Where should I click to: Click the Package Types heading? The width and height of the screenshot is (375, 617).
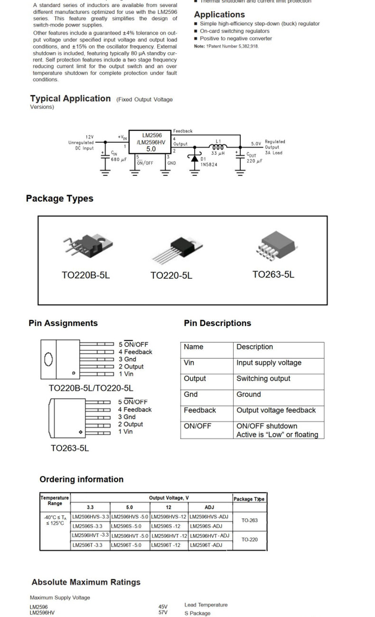(x=59, y=198)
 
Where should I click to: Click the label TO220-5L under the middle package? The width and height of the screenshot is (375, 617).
(x=171, y=275)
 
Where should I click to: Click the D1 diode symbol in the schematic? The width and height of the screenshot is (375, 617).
(x=194, y=158)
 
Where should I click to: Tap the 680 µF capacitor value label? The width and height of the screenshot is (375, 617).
(x=119, y=159)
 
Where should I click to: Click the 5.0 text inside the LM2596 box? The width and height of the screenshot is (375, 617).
(x=150, y=149)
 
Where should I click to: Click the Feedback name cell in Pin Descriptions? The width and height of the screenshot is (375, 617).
(x=200, y=410)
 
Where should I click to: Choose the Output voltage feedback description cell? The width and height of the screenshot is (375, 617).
(x=276, y=410)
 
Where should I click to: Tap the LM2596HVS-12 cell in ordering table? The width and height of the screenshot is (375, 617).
(x=169, y=516)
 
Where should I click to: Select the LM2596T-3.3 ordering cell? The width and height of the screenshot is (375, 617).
(x=90, y=545)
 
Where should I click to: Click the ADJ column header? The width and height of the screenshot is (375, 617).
(x=209, y=507)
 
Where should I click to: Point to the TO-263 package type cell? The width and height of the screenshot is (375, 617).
(x=249, y=521)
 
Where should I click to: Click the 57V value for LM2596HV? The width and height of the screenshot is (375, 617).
(x=163, y=612)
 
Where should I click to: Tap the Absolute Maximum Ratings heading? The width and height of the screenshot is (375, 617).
(x=86, y=582)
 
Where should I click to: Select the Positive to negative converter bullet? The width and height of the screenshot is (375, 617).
(x=235, y=38)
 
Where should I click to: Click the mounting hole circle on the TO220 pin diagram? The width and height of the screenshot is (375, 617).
(x=48, y=359)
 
